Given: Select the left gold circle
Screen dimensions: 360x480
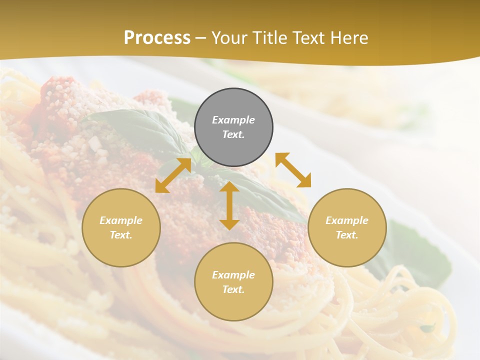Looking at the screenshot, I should pos(121,227).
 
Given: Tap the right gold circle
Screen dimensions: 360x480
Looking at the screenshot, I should pos(347,227).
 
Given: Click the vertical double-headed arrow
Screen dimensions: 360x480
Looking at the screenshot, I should pos(229,205).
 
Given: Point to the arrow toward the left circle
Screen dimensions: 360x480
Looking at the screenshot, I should pos(173,175).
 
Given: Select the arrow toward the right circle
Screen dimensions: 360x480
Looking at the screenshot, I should pos(293,170).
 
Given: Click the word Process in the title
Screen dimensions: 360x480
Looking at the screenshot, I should pos(157,38).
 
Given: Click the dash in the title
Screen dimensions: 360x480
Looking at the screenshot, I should pos(201,38).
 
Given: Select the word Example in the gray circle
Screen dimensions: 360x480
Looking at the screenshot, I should pos(233,120).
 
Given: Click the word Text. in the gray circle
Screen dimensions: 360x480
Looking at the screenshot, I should pos(233,134).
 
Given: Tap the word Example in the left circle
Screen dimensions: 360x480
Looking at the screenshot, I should pos(121,220).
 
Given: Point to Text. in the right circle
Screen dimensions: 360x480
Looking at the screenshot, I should pos(347,235).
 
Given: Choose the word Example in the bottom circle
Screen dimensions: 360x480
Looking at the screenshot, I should pos(233,275).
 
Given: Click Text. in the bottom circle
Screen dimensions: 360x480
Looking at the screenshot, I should pos(233,289).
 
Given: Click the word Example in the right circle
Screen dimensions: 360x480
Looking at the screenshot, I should pos(347,220).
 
